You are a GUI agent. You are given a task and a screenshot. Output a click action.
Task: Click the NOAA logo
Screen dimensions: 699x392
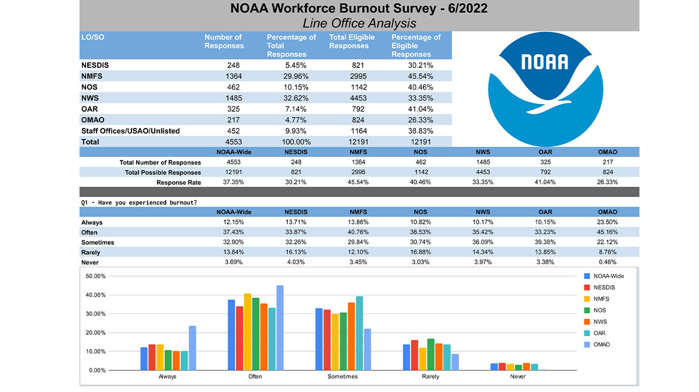click(545, 89)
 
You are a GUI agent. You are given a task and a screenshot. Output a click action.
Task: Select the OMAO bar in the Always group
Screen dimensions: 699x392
click(192, 348)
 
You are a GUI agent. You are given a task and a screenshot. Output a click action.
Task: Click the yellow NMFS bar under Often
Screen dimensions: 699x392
click(248, 332)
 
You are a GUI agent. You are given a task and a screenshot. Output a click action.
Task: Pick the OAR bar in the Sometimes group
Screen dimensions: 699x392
click(359, 333)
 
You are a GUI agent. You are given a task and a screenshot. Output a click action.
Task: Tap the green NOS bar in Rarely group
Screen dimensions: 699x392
click(431, 355)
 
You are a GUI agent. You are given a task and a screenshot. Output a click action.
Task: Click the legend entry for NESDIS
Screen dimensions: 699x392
click(600, 287)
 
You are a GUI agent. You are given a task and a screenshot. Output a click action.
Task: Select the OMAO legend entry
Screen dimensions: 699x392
click(597, 344)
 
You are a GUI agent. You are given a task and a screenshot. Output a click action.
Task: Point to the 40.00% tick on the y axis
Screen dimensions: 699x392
click(95, 295)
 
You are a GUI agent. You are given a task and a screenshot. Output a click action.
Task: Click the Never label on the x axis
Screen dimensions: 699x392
click(518, 376)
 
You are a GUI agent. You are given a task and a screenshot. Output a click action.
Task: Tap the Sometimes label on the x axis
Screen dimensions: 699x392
click(343, 376)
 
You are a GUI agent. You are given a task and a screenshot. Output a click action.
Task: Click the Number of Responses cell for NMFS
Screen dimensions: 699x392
click(233, 76)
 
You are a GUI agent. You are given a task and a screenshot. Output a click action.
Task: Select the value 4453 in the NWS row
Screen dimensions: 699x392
click(358, 98)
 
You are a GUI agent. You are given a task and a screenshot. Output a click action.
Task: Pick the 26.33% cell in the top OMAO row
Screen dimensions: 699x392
click(420, 120)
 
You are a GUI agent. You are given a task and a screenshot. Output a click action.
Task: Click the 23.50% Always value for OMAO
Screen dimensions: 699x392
click(607, 222)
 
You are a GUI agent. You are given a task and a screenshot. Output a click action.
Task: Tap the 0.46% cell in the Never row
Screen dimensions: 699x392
click(607, 262)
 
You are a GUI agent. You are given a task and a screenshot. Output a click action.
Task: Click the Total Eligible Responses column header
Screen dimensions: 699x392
click(352, 41)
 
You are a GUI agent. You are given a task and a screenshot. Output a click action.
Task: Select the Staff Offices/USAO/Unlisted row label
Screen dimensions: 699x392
click(130, 131)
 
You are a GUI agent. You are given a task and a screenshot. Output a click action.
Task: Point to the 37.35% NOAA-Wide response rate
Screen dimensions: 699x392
click(233, 182)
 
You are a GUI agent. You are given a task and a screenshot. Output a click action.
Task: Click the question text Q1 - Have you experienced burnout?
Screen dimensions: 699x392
click(139, 202)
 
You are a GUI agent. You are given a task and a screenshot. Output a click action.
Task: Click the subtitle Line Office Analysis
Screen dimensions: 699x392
click(359, 23)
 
